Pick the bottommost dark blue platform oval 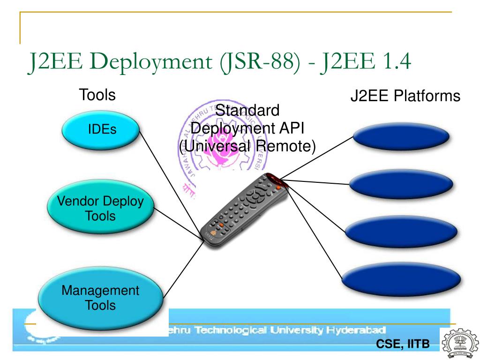click(403, 277)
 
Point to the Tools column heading click(98, 95)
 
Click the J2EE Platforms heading click(405, 97)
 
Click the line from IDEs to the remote click(171, 183)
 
